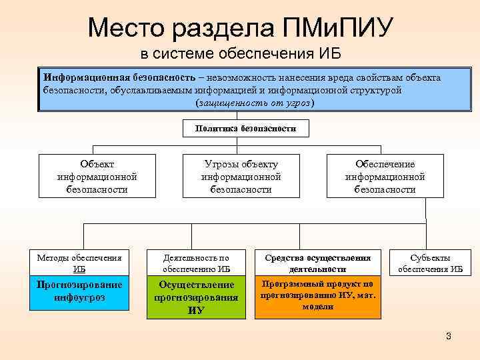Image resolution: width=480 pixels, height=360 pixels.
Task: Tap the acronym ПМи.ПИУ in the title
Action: (x=339, y=29)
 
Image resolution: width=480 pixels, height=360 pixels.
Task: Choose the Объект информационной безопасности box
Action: (x=97, y=177)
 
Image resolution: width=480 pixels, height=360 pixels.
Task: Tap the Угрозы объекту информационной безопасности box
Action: (x=241, y=177)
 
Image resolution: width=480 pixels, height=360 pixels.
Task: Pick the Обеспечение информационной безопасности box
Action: (x=385, y=177)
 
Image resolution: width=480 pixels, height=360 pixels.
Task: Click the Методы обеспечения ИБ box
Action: (x=79, y=263)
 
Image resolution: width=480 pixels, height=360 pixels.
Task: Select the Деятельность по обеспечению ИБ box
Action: (x=196, y=263)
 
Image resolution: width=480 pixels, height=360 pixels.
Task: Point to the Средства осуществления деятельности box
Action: (x=318, y=263)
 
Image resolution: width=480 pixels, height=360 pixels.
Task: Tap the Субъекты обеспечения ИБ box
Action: (x=430, y=263)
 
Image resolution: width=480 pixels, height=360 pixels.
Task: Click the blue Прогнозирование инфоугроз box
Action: (x=79, y=291)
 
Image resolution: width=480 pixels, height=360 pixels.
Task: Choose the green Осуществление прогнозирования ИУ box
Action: (x=196, y=297)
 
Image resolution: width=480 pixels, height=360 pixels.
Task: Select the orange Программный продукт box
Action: (x=318, y=295)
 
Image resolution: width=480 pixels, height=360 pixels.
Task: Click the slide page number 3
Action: (x=449, y=336)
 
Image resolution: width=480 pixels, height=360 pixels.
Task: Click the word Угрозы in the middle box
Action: (x=221, y=164)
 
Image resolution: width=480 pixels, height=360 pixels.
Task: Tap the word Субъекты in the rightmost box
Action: (x=430, y=258)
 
